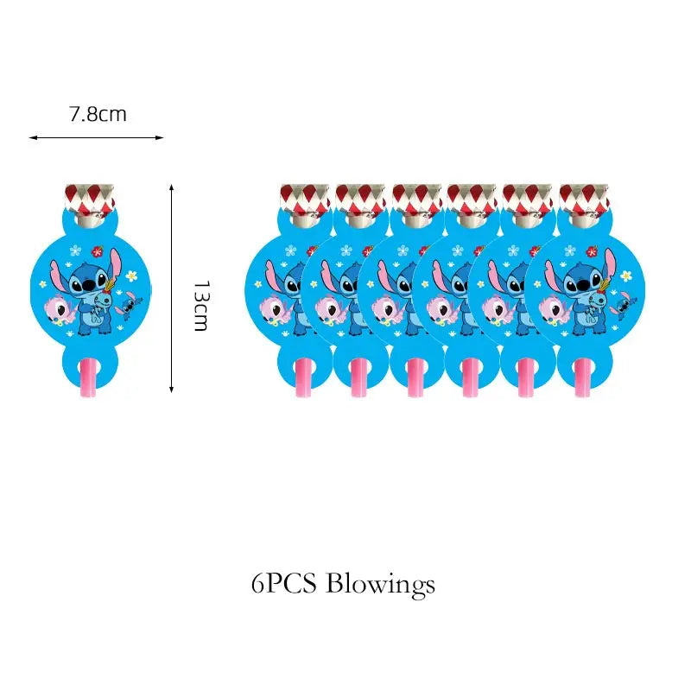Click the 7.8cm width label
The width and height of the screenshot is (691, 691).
[x=97, y=113]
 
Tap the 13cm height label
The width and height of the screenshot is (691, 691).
[x=200, y=306]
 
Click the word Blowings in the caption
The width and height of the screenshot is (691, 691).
[x=380, y=585]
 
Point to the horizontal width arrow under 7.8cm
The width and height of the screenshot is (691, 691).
[x=96, y=137]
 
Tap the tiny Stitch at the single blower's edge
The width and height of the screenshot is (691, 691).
[x=130, y=304]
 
